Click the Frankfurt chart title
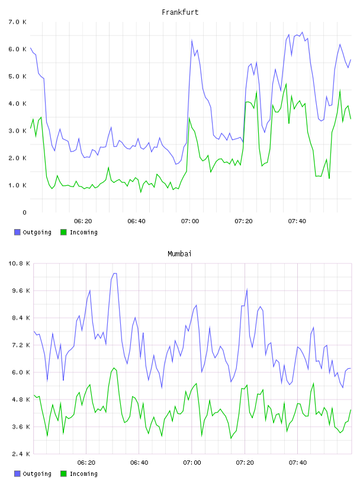[180, 12]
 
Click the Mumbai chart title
[179, 254]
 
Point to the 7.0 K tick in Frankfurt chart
[18, 22]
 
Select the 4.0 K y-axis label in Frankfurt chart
[18, 104]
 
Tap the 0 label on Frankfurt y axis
[24, 212]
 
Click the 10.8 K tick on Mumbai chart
[19, 263]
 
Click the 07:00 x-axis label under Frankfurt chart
[190, 221]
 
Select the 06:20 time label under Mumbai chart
[86, 463]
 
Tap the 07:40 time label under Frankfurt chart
[297, 221]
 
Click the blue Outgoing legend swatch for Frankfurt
[17, 232]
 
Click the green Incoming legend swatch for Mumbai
[63, 474]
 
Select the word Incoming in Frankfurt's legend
[83, 232]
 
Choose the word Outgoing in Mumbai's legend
[37, 474]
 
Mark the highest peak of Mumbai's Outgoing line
[115, 273]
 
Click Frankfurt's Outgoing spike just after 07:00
[192, 40]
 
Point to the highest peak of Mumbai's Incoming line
[114, 368]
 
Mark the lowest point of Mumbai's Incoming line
[231, 439]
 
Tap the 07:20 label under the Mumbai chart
[245, 463]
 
